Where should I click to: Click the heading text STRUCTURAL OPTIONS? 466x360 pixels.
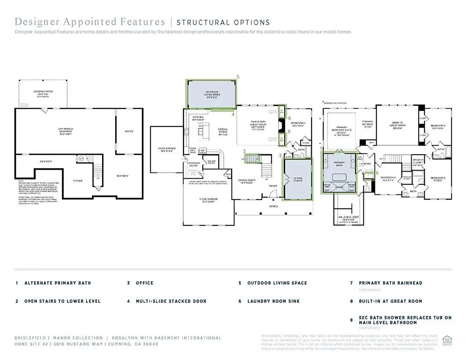coord(223,22)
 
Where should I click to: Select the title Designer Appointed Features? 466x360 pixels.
coord(90,22)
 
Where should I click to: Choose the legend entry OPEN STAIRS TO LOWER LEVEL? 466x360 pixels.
coord(62,301)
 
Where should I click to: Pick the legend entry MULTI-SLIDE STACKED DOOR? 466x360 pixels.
coord(171,301)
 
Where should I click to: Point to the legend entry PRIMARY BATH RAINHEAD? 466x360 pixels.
coord(391,283)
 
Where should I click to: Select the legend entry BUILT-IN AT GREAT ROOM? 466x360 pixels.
coord(390,301)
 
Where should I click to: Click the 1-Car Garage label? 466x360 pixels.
coord(166,150)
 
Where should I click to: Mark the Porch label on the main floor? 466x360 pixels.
coord(274,206)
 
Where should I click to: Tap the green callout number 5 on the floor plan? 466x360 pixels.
coord(238,76)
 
